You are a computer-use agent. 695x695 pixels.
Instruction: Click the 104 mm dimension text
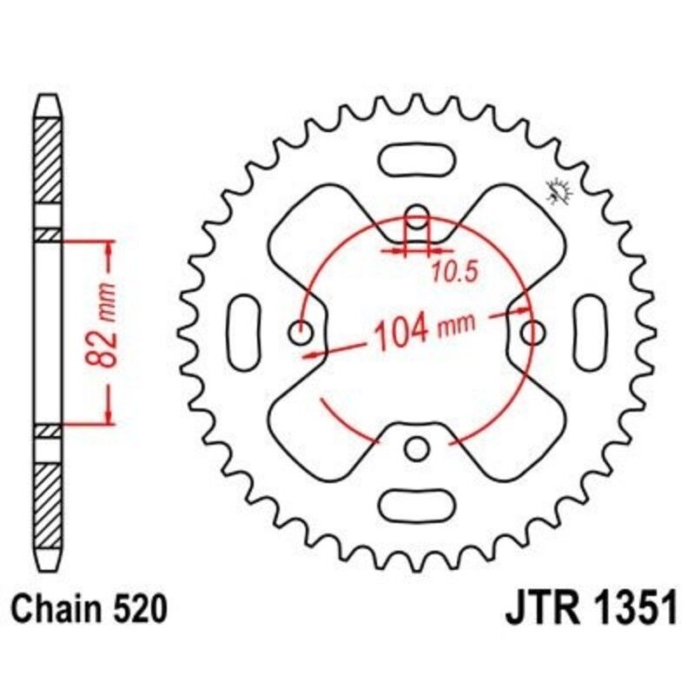pyautogui.click(x=426, y=330)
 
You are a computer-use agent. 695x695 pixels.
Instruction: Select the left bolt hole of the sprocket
pyautogui.click(x=301, y=332)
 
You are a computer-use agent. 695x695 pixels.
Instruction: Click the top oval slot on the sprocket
pyautogui.click(x=418, y=162)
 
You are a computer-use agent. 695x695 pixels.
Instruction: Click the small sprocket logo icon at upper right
pyautogui.click(x=557, y=190)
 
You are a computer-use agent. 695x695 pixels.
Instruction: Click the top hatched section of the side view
pyautogui.click(x=49, y=161)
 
